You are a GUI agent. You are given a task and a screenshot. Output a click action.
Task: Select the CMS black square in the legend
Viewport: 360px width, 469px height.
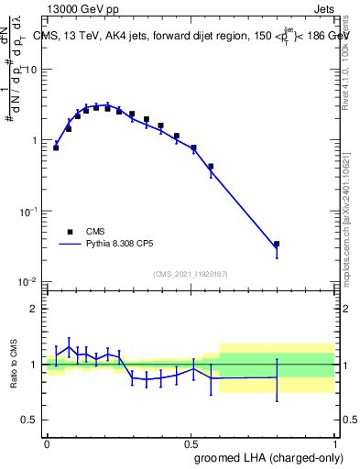[x=70, y=232]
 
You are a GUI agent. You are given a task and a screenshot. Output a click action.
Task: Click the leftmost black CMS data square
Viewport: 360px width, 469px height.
[x=56, y=147]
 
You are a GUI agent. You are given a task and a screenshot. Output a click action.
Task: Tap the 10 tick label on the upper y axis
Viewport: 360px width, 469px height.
[x=32, y=70]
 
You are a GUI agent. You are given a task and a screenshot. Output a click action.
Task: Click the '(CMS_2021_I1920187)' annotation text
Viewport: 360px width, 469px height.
[x=190, y=272]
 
